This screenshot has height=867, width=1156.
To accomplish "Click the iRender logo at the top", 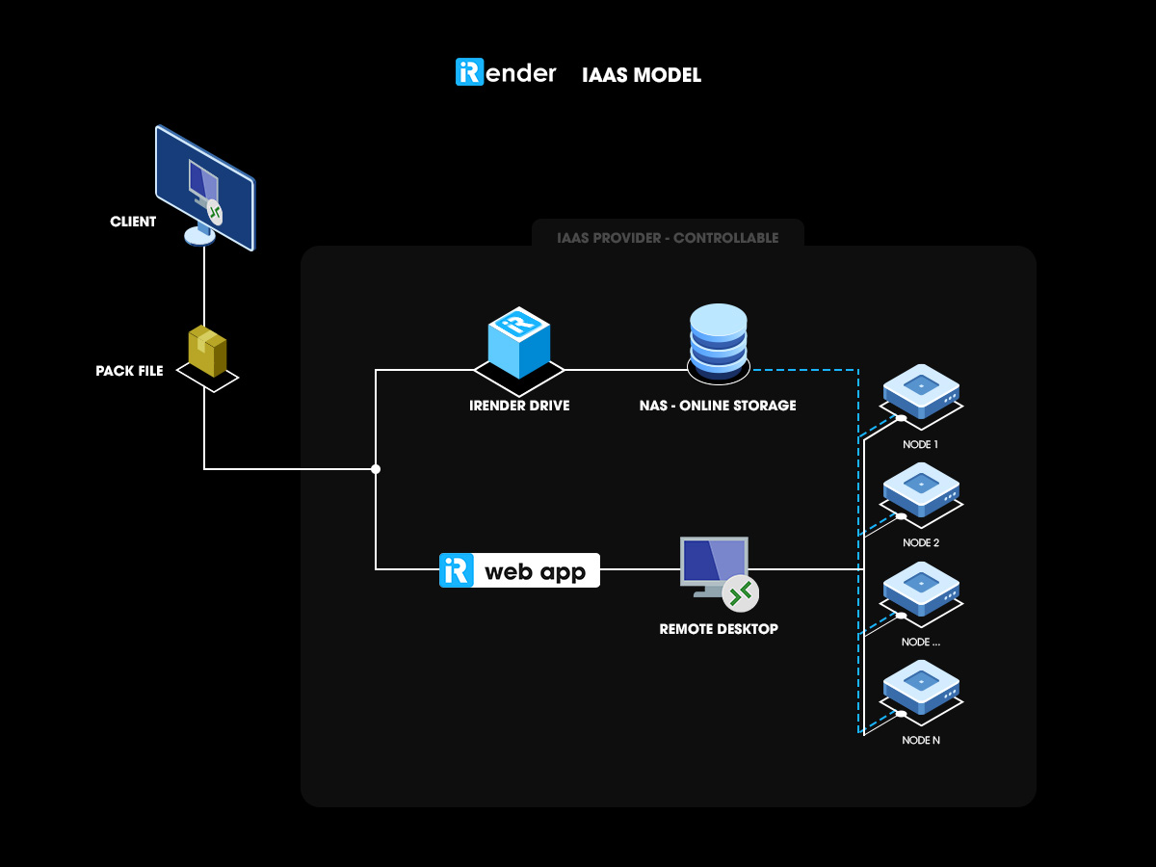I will click(506, 73).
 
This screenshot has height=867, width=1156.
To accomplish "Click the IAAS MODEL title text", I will click(642, 75).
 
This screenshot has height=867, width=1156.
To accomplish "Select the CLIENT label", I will click(133, 222).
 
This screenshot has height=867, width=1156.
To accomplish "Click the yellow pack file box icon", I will click(207, 352).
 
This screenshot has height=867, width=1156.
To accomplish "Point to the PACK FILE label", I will click(130, 371).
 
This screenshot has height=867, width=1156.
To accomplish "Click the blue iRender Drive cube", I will click(518, 344).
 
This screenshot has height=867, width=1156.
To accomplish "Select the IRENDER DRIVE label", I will click(519, 406).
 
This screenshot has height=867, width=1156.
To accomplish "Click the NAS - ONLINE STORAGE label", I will click(718, 406).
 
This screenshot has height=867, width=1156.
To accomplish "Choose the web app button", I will click(519, 570).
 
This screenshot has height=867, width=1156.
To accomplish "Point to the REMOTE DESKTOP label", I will click(719, 629).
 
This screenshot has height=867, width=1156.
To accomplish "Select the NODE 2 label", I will click(921, 543).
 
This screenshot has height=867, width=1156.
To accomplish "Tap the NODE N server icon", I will click(922, 687).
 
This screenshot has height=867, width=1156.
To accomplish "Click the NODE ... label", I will click(921, 642).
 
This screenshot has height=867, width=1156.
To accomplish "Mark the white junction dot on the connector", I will click(376, 469).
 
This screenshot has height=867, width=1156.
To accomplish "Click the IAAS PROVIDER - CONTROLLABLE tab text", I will click(668, 238).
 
